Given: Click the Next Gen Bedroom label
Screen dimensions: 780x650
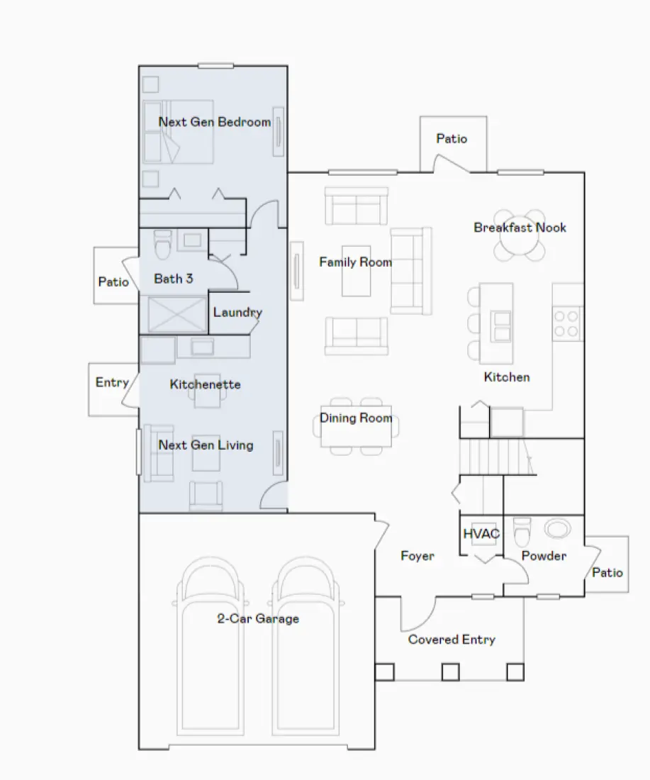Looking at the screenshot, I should tap(214, 122).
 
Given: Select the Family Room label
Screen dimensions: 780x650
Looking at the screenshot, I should tap(355, 262).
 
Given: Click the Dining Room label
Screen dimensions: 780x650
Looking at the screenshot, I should tap(356, 418).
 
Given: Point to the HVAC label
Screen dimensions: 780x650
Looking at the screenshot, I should tap(481, 534).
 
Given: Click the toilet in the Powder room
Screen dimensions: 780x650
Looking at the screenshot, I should tap(522, 531).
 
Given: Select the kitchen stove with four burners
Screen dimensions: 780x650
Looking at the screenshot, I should tap(567, 323).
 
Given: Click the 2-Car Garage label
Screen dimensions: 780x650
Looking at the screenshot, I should tap(257, 618).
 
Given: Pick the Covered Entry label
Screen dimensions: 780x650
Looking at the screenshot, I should tap(452, 640).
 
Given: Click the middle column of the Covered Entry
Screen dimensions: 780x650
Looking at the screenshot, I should tap(450, 672).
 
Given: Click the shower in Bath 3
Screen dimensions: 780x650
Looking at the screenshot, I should tap(177, 315).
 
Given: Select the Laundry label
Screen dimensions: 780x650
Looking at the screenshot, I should tap(237, 313).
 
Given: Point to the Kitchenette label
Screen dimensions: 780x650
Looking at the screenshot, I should tap(205, 384).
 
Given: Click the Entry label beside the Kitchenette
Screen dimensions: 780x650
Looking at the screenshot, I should tap(112, 383).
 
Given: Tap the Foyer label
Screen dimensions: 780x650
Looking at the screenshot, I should tap(418, 556).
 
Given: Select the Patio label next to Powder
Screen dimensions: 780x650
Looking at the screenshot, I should tap(607, 572).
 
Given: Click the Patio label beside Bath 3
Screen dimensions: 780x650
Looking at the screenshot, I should tap(113, 282).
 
